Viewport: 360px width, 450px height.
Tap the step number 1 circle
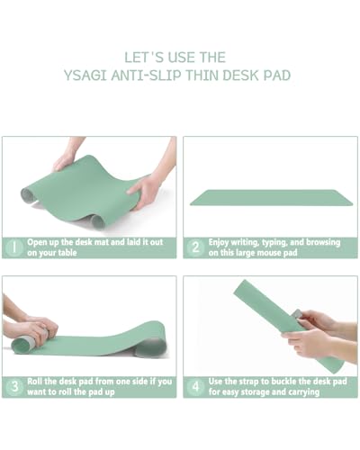click(x=14, y=247)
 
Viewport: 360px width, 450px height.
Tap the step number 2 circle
click(x=194, y=247)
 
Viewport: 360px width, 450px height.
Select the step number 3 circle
click(x=14, y=386)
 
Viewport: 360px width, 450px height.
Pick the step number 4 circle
click(x=194, y=386)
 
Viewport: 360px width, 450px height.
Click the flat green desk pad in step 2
click(x=270, y=197)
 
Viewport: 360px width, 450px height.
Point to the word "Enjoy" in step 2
click(x=222, y=242)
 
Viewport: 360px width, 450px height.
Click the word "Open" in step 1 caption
click(x=40, y=242)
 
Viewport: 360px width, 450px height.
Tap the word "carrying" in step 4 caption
click(x=318, y=392)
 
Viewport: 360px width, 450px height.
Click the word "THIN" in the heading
click(x=203, y=75)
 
